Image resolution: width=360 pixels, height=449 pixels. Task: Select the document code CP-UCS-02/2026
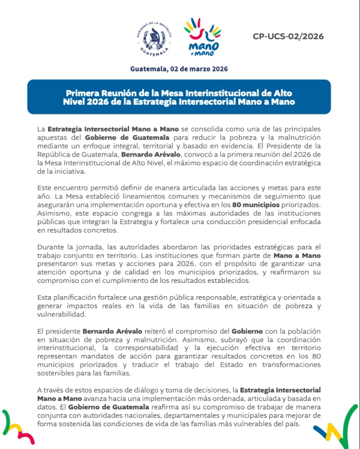point(288,36)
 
